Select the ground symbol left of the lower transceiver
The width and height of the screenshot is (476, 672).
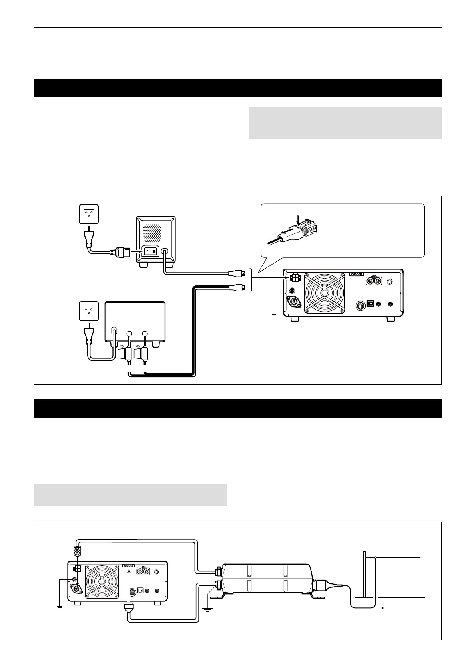pos(59,607)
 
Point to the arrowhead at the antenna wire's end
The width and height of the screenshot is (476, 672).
pos(382,608)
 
